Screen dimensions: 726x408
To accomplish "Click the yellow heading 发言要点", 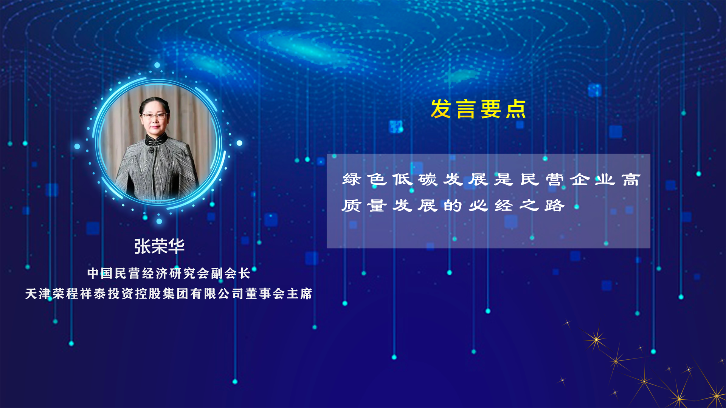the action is point(478,109).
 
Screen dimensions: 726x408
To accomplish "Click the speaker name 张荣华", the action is point(159,246).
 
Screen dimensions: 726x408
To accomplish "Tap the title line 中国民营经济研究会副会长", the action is point(169,273).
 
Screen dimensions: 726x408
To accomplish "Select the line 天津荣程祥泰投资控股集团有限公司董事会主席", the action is point(169,294).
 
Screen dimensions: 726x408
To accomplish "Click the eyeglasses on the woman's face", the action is point(154,116).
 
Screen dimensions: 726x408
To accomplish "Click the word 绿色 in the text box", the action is point(365,179).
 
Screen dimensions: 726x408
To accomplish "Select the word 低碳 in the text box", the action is point(415,179).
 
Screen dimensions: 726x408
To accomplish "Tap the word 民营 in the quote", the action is point(542,179).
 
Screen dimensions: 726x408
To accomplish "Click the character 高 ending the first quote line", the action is point(631,179).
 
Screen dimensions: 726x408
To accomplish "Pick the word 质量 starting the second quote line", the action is point(365,206).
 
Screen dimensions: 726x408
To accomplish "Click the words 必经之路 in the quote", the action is point(517,206).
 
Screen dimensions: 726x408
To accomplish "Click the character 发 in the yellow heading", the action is point(441,109).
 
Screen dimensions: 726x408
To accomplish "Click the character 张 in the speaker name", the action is point(142,246).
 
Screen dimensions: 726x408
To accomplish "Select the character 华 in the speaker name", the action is point(176,246).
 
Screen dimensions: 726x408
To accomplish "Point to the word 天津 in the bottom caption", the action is point(38,294).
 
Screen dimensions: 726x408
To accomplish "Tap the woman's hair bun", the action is point(155,101).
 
